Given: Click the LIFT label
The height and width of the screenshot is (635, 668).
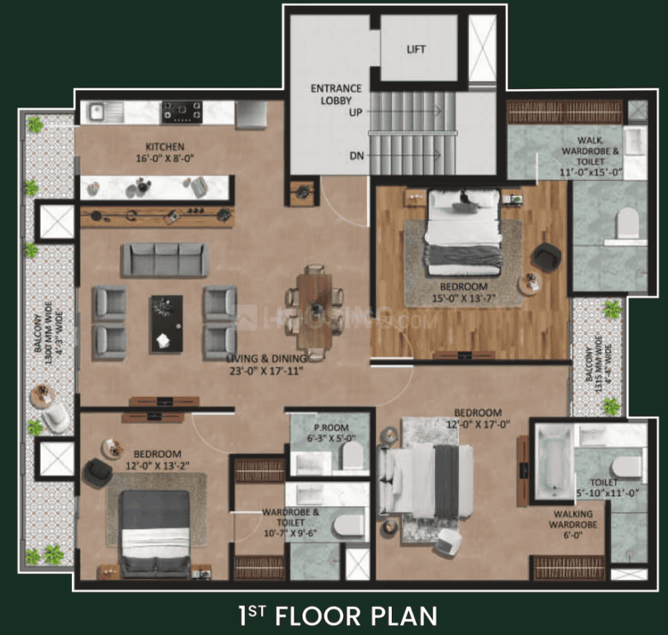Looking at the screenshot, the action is (416, 50).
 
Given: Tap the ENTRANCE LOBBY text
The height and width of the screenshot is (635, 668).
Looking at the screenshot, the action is (336, 94).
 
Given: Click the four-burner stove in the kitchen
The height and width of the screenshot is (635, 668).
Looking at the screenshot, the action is (182, 112).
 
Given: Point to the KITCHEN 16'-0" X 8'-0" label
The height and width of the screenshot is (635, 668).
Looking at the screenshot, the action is (165, 153).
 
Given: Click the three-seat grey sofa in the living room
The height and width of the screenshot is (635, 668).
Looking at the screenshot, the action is (165, 260).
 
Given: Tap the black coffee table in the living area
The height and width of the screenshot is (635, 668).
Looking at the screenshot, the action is (166, 324).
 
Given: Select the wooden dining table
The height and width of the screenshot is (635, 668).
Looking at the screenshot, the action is (315, 311).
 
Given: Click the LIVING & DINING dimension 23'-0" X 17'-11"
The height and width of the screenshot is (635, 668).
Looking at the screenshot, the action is (266, 370).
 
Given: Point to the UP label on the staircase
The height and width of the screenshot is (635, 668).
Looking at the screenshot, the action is (355, 112).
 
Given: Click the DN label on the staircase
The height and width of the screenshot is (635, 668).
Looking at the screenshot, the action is (356, 156).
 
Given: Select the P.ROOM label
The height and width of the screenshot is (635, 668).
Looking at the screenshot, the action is (331, 427).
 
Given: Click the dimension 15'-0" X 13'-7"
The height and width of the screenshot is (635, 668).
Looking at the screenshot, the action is (464, 298).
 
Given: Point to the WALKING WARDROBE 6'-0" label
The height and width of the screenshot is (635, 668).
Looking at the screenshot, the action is (573, 525).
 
